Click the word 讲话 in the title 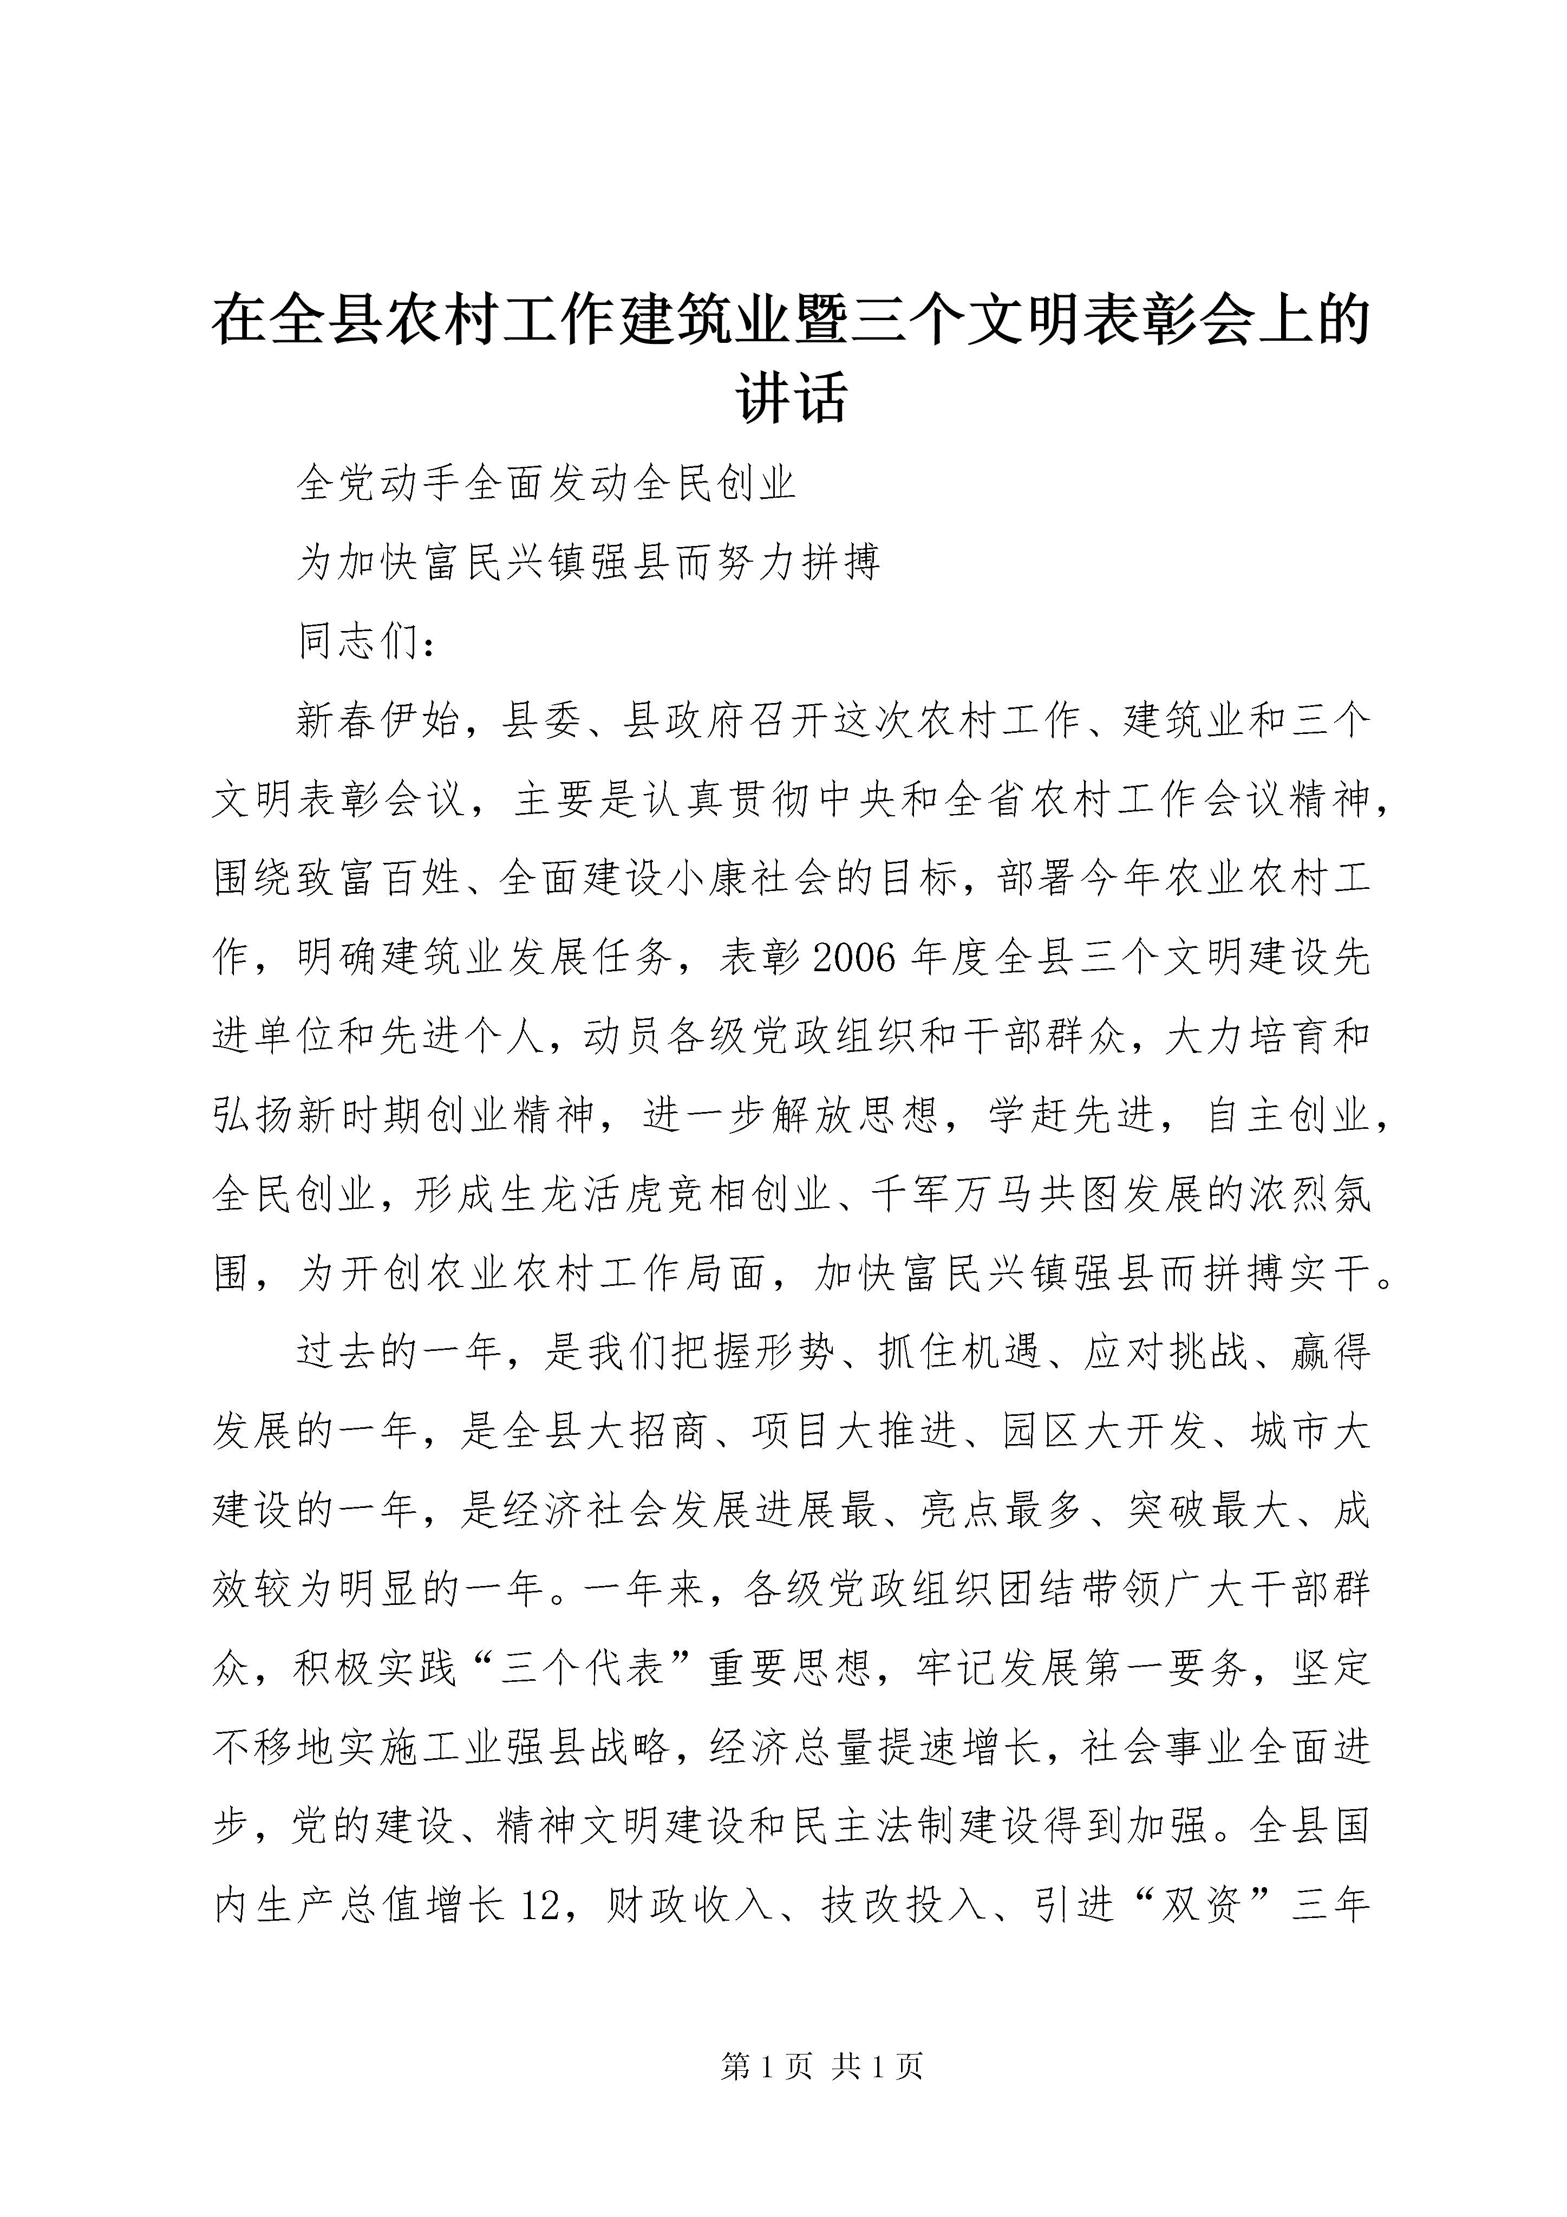tap(792, 397)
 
